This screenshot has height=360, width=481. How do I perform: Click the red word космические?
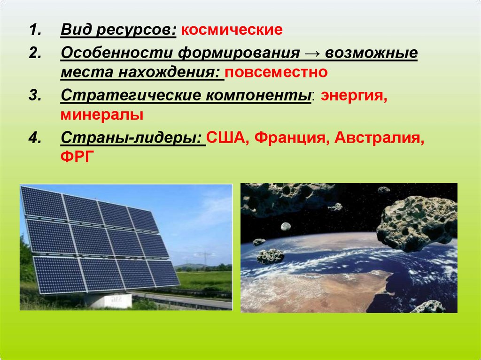[x=232, y=30]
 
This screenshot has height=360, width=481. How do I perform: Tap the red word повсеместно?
[x=276, y=72]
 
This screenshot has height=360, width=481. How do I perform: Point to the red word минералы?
[x=102, y=115]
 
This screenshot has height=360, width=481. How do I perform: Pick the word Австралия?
[x=380, y=138]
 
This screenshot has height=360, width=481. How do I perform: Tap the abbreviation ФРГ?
[x=77, y=157]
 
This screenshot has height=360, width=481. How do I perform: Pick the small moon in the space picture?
[x=286, y=227]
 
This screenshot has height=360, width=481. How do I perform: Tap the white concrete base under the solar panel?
[x=110, y=300]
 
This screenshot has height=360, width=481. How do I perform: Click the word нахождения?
[x=171, y=72]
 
